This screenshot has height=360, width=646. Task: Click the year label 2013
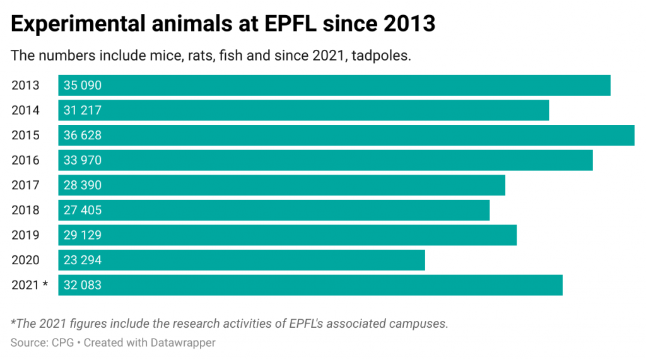[x=25, y=86]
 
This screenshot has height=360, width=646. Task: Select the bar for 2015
[x=346, y=136]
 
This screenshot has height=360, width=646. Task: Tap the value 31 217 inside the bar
[x=83, y=110]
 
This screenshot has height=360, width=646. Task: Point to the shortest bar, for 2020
[x=242, y=260]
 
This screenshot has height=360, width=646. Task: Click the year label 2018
[x=25, y=210]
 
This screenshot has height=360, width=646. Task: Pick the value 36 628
[x=83, y=136]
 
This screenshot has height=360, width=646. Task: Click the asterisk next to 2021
[x=45, y=284]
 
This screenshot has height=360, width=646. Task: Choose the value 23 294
[x=83, y=260]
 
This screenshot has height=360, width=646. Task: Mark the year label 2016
[x=25, y=160]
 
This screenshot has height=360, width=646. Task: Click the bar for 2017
[x=282, y=185]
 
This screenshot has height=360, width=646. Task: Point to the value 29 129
[x=83, y=235]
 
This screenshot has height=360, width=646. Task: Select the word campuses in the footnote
[x=421, y=324]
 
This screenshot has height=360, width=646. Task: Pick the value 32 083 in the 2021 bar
[x=83, y=285]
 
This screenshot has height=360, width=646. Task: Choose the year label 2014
[x=25, y=110]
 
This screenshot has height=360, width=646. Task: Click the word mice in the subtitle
[x=158, y=55]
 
